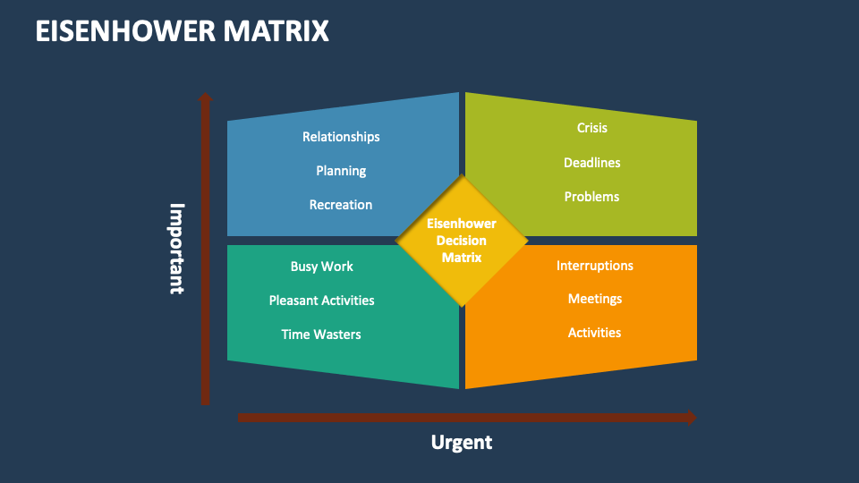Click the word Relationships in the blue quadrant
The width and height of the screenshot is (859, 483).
pos(341,137)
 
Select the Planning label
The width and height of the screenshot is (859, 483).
pos(341,171)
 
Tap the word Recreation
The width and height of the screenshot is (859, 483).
pos(341,205)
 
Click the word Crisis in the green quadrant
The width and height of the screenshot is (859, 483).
pos(591,128)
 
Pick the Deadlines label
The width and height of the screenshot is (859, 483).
pos(591,163)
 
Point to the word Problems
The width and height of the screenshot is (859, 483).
pos(591,197)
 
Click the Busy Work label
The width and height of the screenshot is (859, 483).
pos(321,267)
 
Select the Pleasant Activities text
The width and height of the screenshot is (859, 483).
pos(321,301)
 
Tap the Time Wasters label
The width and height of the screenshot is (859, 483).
pos(321,335)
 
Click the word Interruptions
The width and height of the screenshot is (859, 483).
pos(594,266)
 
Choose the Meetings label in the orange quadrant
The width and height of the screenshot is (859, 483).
pos(594,299)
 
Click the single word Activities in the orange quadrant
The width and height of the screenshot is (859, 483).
pos(594,333)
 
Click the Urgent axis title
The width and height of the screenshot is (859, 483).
pos(462,442)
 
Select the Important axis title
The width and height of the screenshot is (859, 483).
pos(177,248)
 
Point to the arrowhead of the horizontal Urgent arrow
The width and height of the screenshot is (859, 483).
pos(690,417)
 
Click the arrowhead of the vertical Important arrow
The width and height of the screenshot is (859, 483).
pos(205,97)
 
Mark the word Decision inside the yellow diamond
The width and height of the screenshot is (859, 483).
pos(462,241)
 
